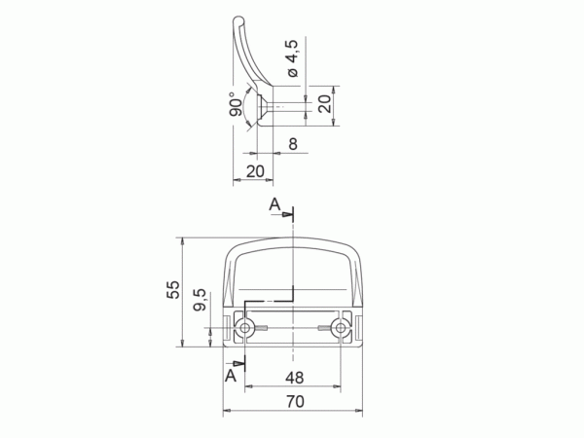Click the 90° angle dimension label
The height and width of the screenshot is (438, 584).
[236, 104]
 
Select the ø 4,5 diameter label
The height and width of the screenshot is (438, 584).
[293, 58]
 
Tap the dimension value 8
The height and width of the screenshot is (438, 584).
[293, 144]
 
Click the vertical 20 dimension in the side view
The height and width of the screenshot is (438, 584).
[324, 103]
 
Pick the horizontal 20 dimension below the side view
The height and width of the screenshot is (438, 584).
[255, 171]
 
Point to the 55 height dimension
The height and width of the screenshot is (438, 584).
[173, 289]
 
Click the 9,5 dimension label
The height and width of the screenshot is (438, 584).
[200, 300]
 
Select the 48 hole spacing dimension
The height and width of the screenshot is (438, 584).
[295, 378]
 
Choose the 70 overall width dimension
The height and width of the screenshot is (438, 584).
[295, 401]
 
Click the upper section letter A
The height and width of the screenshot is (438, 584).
[274, 204]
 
